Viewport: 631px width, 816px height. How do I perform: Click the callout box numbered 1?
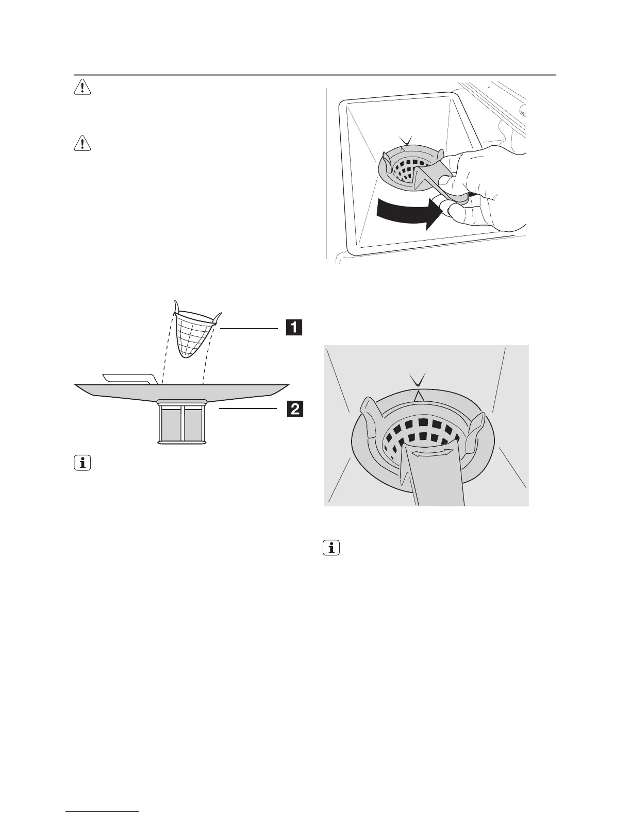pos(294,328)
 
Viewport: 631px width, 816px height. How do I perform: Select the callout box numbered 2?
pos(294,409)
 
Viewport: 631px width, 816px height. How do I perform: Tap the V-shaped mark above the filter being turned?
pos(406,140)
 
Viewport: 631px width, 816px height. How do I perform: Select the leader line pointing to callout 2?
pos(247,409)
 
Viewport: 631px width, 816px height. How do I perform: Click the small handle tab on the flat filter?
pos(129,378)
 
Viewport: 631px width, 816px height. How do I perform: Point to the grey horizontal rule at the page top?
pos(314,75)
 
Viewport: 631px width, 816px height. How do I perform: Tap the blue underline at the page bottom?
pos(103,812)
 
